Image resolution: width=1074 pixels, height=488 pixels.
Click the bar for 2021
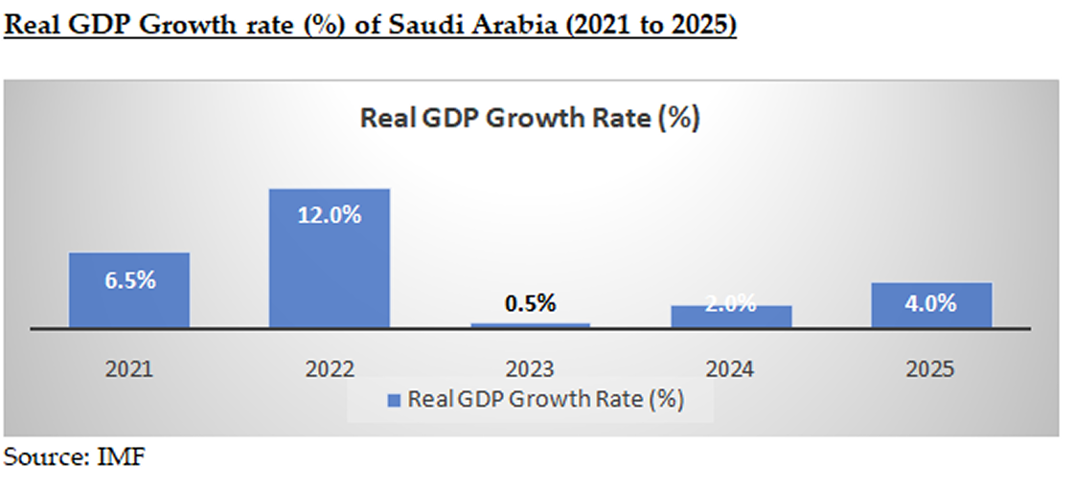129,290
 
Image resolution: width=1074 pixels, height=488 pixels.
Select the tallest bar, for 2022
329,257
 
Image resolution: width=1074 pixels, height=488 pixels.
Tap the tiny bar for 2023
531,325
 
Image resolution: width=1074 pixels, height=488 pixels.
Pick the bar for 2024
731,317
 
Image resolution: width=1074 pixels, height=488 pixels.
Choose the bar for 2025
931,305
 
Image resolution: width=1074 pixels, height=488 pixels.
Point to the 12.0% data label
329,215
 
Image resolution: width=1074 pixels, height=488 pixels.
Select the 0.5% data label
531,303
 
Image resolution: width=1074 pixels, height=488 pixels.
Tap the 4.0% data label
931,303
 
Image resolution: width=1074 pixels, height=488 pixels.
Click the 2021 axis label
129,368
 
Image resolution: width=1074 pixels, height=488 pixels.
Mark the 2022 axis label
329,368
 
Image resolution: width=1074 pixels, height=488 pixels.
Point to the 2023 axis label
531,368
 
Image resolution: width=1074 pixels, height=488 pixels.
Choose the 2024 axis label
731,368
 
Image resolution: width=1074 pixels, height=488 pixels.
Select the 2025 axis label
931,368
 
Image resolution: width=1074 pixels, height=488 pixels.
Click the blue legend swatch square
394,400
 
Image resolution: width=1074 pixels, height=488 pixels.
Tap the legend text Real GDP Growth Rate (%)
545,399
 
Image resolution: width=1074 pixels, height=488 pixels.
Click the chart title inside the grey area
530,119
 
